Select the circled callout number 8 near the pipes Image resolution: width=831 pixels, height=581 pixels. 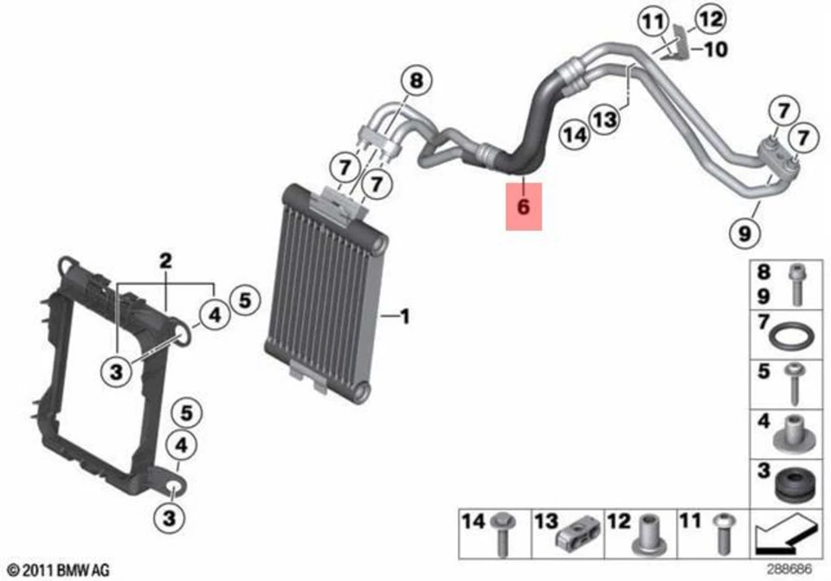pos(416,82)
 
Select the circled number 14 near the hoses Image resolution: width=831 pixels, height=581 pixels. pos(575,134)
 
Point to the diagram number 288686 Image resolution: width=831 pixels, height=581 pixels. pos(791,570)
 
